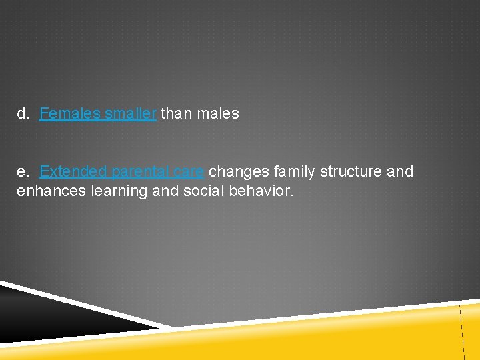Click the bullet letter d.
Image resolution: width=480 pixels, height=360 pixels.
pyautogui.click(x=23, y=114)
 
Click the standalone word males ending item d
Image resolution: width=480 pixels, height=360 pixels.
pyautogui.click(x=217, y=114)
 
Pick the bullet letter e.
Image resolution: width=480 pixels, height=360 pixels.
pyautogui.click(x=23, y=171)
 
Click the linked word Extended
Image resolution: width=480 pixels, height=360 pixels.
pyautogui.click(x=73, y=171)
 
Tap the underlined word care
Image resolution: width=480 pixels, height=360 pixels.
pyautogui.click(x=190, y=172)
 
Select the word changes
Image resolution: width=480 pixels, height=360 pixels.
pyautogui.click(x=239, y=172)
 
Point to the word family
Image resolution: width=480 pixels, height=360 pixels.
pyautogui.click(x=294, y=172)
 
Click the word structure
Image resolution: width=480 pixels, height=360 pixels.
pyautogui.click(x=351, y=172)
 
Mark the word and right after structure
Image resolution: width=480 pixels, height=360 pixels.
pyautogui.click(x=400, y=171)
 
